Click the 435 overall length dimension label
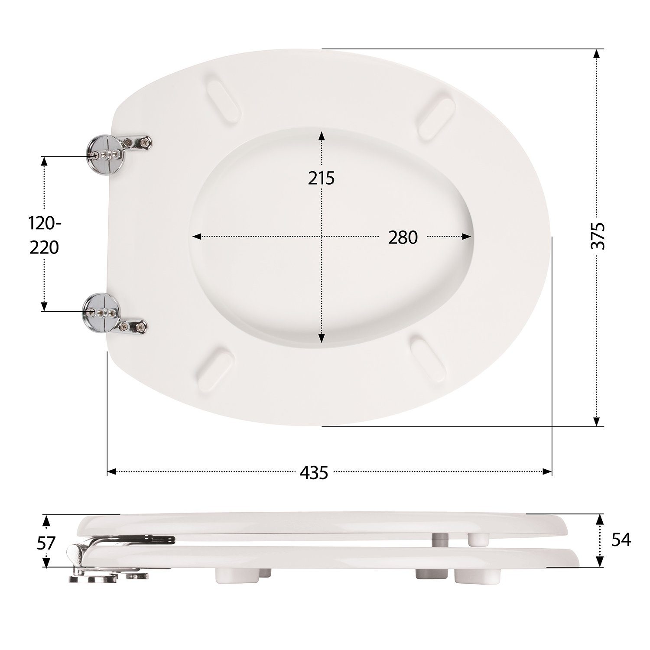[x=313, y=472]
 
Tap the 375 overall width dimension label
[x=598, y=236]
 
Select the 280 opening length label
[x=403, y=237]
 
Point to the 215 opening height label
[x=322, y=178]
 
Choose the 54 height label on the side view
[x=621, y=540]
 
